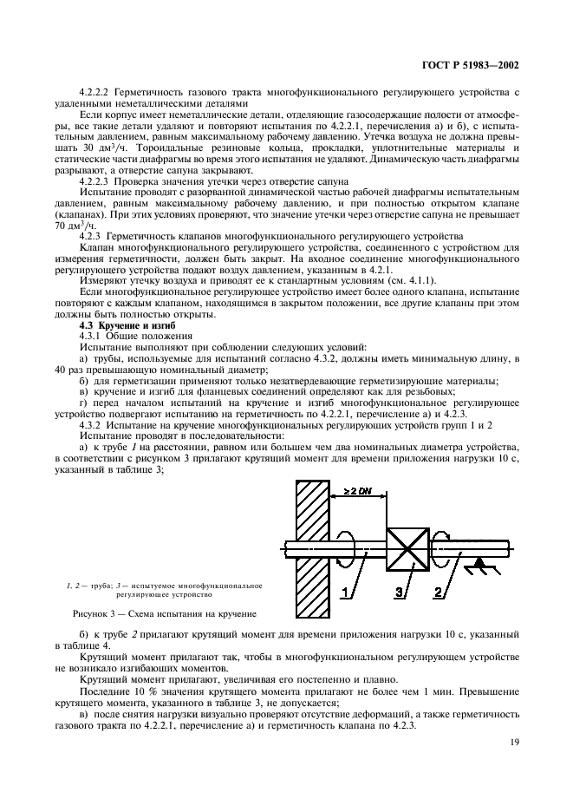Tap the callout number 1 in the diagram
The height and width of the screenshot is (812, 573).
tap(346, 593)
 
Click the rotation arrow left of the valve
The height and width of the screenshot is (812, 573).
tap(348, 548)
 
